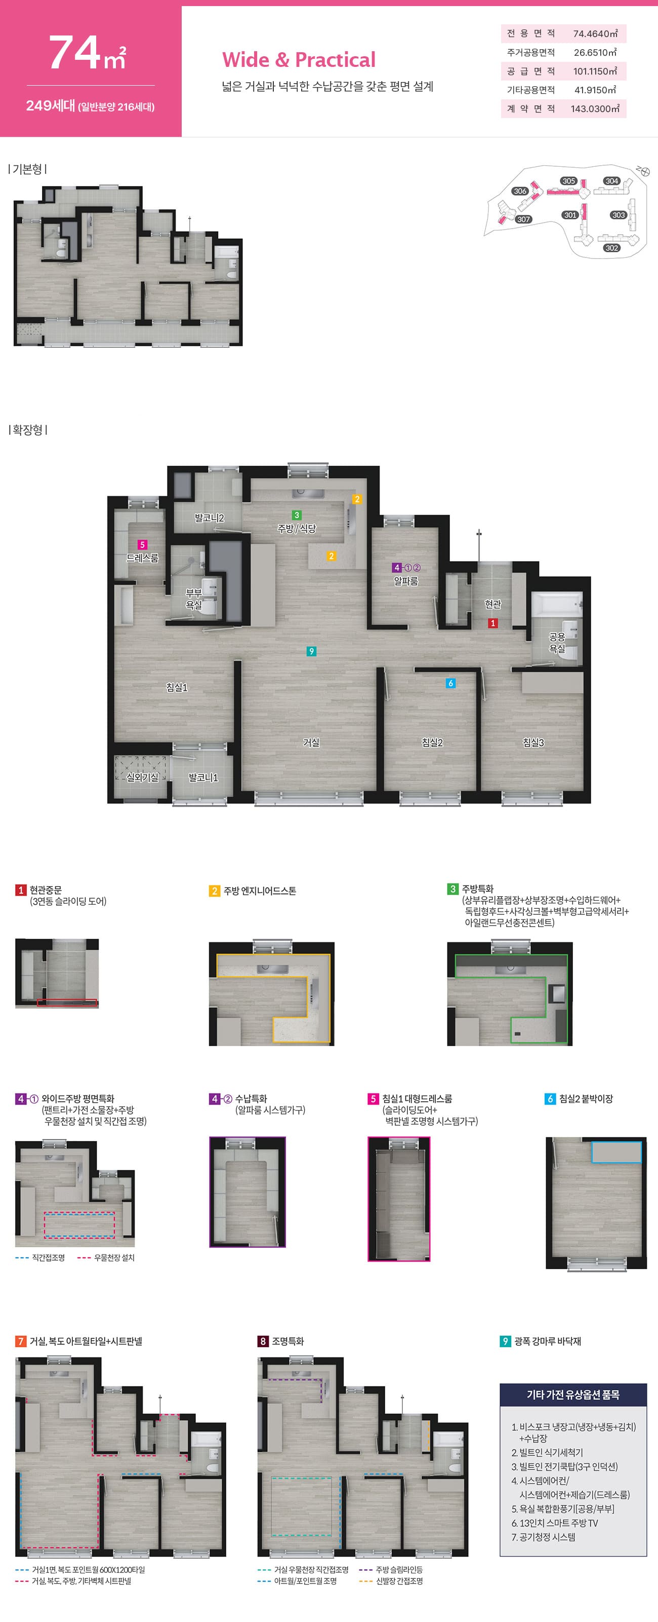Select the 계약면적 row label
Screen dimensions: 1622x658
click(x=531, y=109)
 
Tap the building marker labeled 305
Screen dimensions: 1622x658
click(x=569, y=181)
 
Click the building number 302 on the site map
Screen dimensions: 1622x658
click(x=611, y=248)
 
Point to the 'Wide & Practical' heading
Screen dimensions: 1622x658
click(x=298, y=60)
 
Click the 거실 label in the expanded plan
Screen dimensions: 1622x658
click(x=311, y=743)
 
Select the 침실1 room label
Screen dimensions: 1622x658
click(x=177, y=688)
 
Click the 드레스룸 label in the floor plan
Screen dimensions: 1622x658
click(x=142, y=558)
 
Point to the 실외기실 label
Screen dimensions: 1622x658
click(x=142, y=778)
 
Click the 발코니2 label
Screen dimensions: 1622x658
click(x=210, y=518)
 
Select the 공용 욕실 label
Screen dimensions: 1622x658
click(x=557, y=643)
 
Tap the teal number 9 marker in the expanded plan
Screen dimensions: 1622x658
click(x=311, y=651)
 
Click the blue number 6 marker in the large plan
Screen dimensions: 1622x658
click(x=450, y=683)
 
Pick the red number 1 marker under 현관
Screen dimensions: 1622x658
click(x=493, y=623)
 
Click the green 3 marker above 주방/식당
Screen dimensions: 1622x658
click(x=297, y=515)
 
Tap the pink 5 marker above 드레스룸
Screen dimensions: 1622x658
click(x=142, y=545)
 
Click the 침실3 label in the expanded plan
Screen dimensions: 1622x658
click(x=533, y=743)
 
